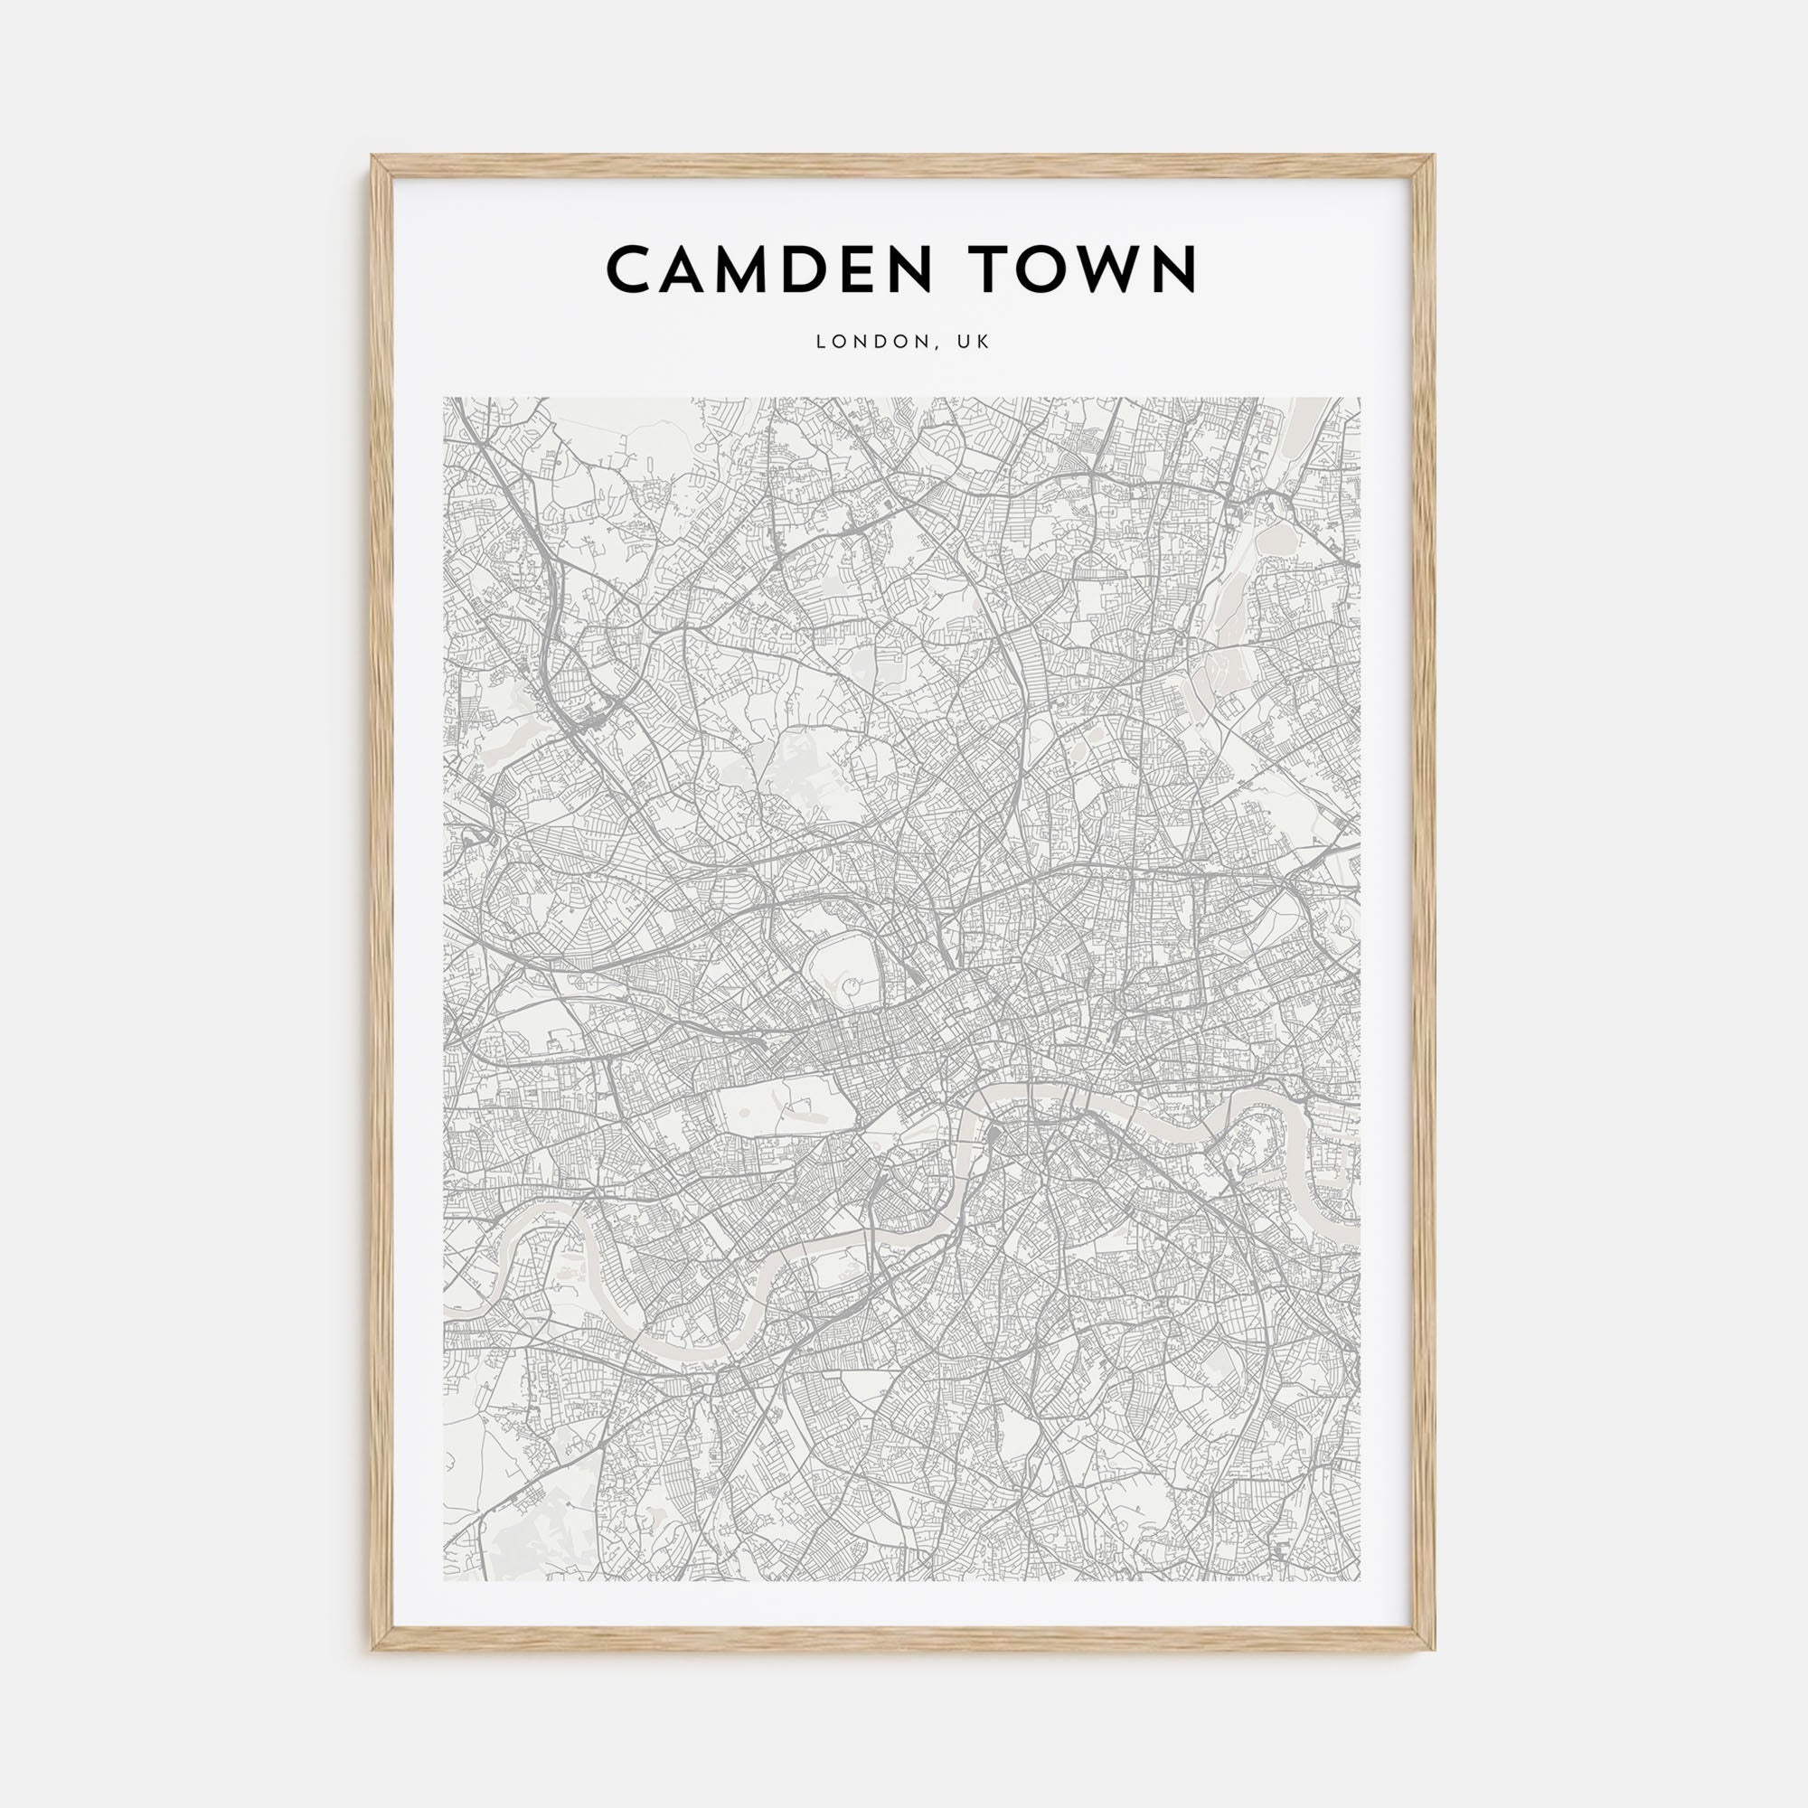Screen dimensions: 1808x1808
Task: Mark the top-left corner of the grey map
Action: [445, 399]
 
